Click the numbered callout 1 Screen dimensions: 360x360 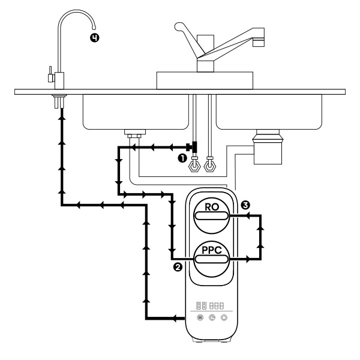[182, 158]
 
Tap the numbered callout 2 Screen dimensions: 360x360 [178, 267]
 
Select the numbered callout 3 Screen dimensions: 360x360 [245, 205]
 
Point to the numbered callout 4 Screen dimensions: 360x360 [94, 38]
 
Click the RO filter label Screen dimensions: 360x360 [212, 207]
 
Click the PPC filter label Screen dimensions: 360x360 [212, 250]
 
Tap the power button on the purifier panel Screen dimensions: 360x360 [224, 317]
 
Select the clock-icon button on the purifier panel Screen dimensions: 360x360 [212, 317]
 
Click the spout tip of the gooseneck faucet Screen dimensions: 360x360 [94, 28]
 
